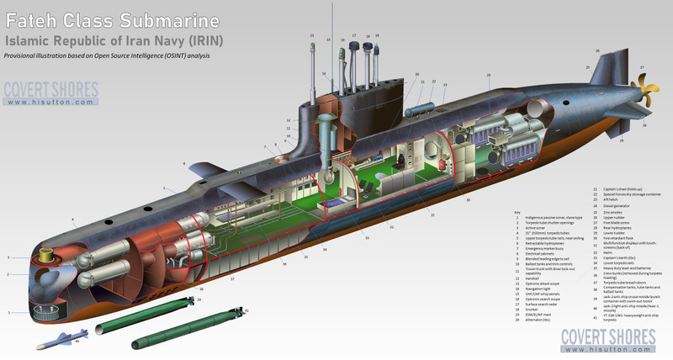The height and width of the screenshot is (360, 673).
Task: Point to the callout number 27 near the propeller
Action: [642, 67]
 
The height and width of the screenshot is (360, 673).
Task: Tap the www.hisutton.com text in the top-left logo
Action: [50, 103]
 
